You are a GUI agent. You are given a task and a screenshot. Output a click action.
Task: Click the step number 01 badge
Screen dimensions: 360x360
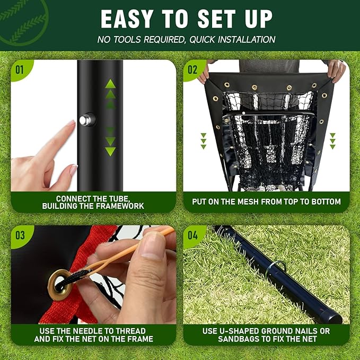click(20, 69)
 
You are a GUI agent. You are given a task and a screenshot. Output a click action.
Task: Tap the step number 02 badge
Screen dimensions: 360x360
click(192, 69)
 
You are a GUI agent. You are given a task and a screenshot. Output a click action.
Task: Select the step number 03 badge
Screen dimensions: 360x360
click(20, 236)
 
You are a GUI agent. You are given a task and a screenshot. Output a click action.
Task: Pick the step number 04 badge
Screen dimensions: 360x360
click(192, 236)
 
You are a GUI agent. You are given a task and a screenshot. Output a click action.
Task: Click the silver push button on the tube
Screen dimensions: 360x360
click(84, 120)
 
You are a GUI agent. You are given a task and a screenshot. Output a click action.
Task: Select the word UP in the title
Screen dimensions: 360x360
click(255, 19)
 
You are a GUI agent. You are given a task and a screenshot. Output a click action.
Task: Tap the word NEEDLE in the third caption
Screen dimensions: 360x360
click(88, 331)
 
